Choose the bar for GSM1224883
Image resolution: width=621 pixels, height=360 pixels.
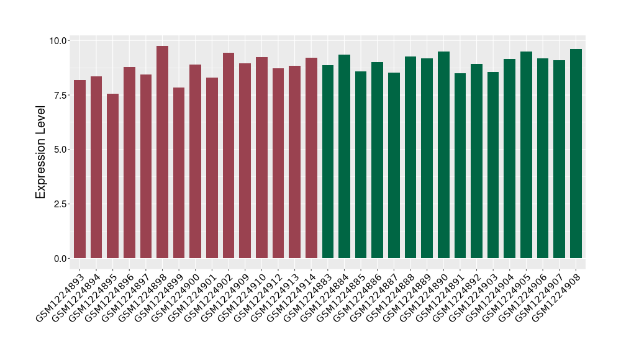click(x=328, y=161)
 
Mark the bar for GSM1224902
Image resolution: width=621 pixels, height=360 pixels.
click(x=229, y=155)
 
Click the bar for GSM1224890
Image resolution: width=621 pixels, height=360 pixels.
click(x=443, y=155)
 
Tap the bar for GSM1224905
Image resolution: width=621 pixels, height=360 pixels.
click(x=526, y=155)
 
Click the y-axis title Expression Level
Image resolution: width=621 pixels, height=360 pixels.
click(x=41, y=150)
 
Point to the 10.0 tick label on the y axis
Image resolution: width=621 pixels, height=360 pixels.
click(x=59, y=41)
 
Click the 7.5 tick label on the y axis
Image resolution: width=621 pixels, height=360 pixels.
click(x=61, y=95)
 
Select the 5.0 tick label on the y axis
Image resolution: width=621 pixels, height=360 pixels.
click(x=61, y=150)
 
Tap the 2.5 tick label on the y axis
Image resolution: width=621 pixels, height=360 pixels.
click(x=61, y=204)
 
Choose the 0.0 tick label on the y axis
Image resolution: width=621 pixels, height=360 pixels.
click(x=61, y=258)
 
